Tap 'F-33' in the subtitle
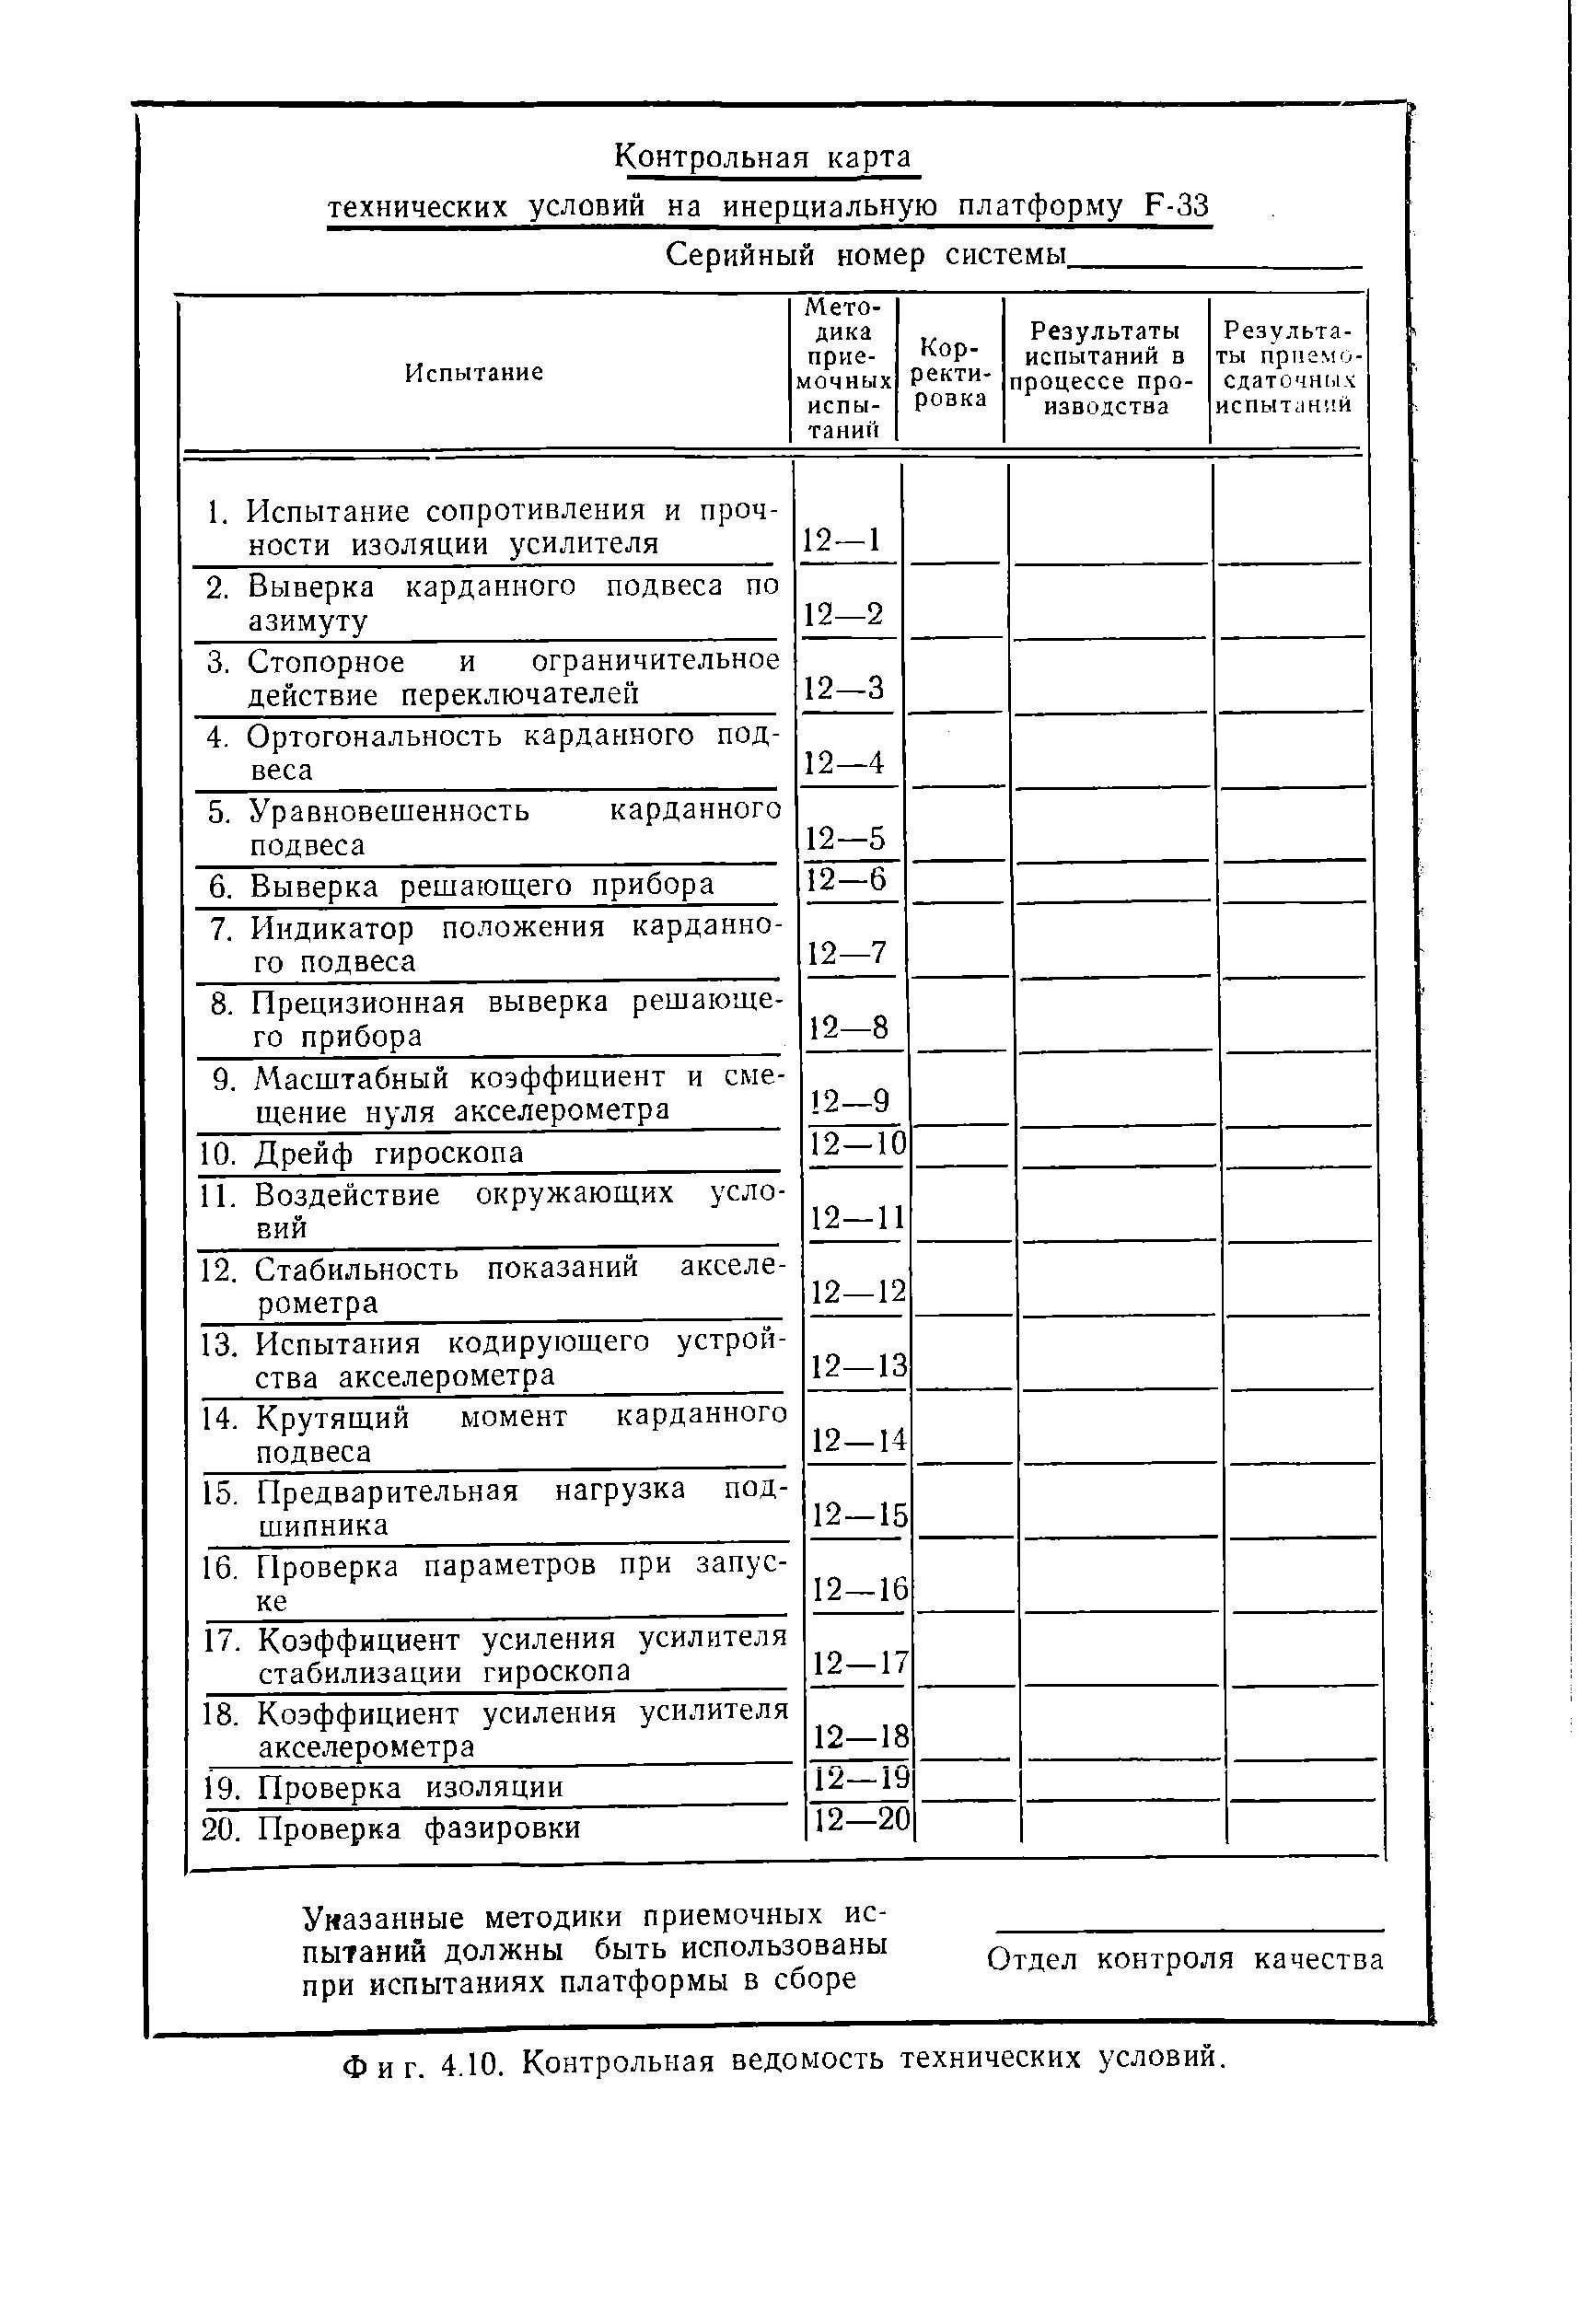(1177, 206)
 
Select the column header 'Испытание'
(473, 372)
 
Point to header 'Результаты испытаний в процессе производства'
(1105, 367)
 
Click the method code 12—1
(842, 540)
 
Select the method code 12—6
(846, 879)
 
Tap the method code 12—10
(857, 1143)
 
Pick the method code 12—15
(859, 1515)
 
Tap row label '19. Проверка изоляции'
(383, 1787)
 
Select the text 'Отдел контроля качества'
(1185, 1959)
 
